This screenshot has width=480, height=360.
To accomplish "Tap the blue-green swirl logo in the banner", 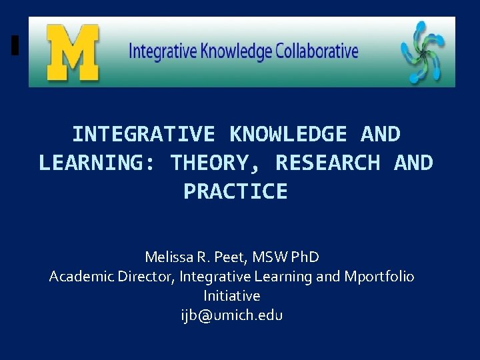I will (421, 52).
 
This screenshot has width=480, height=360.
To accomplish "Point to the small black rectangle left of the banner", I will (15, 46).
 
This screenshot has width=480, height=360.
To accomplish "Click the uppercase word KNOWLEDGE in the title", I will (287, 134).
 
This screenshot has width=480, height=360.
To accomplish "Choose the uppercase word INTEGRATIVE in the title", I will (143, 134).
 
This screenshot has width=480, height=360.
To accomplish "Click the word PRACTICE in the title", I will (235, 191).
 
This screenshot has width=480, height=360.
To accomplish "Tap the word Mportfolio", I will (378, 276).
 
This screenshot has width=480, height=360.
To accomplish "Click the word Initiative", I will (232, 295).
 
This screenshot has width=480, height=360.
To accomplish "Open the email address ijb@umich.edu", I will (232, 315).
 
